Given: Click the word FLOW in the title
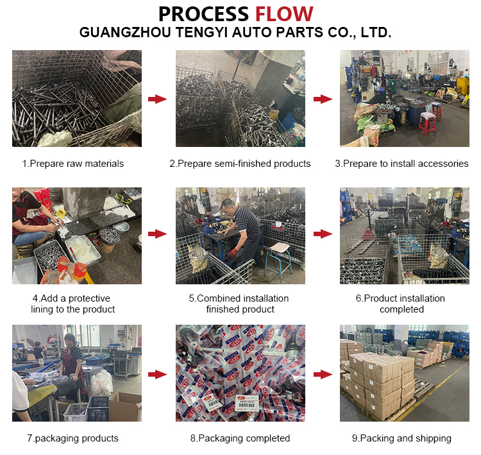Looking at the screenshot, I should pyautogui.click(x=284, y=13).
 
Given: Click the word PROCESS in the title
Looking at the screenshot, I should pyautogui.click(x=203, y=13).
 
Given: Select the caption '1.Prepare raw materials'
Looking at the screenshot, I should pyautogui.click(x=72, y=164).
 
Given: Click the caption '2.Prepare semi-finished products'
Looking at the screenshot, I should pyautogui.click(x=240, y=164).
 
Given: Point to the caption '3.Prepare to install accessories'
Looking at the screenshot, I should pyautogui.click(x=401, y=164).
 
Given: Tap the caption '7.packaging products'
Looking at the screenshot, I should pyautogui.click(x=72, y=438).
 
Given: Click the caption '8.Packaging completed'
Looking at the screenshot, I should pyautogui.click(x=240, y=438).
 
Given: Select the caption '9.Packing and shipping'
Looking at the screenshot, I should pyautogui.click(x=401, y=438).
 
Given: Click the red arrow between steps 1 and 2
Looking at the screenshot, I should pyautogui.click(x=157, y=99).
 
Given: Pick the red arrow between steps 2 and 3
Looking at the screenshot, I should pyautogui.click(x=323, y=99).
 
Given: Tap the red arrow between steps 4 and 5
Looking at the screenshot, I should pyautogui.click(x=157, y=234).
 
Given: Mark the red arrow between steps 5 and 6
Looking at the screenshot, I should pyautogui.click(x=323, y=234).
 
